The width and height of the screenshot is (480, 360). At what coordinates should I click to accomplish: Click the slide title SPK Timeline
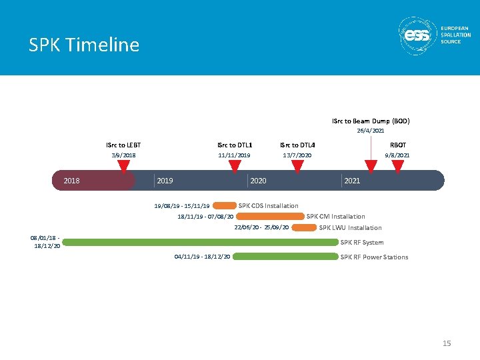coord(84,45)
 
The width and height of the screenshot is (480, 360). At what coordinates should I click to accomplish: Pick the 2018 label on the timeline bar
coord(71,181)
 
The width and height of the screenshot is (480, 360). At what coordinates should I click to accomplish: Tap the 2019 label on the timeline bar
coord(165,181)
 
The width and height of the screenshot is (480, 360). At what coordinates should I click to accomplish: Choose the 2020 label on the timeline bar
coord(258,181)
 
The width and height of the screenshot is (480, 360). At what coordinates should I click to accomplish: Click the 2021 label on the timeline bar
coord(352,181)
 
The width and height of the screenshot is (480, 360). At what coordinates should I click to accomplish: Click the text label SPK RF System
coord(362,243)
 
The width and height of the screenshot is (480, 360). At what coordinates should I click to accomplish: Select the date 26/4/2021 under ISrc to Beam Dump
coord(370,131)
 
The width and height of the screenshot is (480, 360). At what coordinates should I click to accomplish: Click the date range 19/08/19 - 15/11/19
coord(181,206)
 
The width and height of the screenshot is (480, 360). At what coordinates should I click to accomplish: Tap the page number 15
coord(447,343)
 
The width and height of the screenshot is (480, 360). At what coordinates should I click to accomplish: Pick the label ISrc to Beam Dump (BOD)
coord(371,121)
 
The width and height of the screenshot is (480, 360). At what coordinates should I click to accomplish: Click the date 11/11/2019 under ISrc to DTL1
coord(234,155)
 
